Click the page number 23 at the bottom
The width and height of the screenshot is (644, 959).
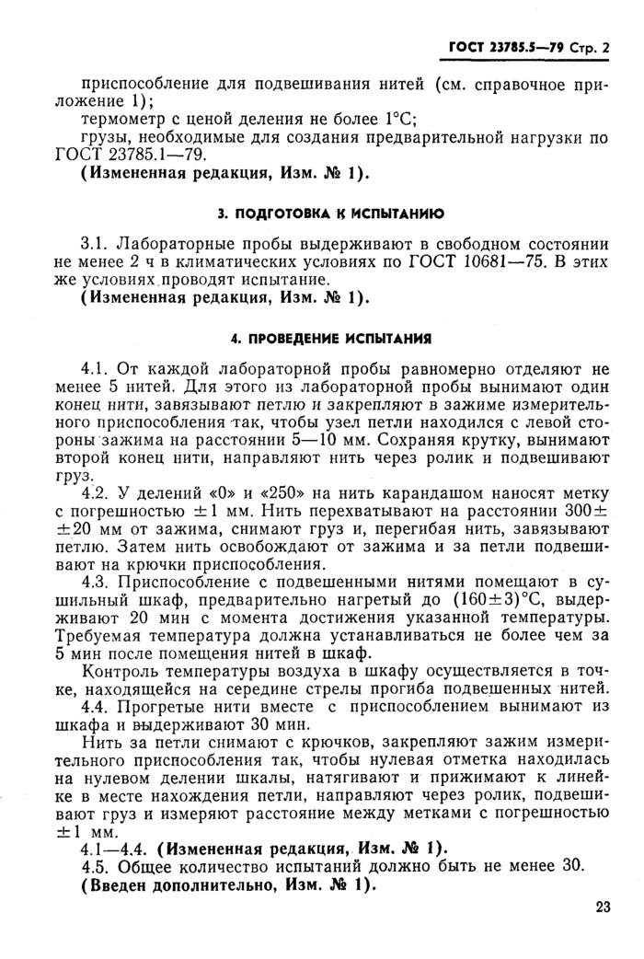click(x=603, y=907)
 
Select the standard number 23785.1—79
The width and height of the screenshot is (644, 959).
click(x=150, y=155)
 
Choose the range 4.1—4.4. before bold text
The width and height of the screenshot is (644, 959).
click(x=116, y=847)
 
